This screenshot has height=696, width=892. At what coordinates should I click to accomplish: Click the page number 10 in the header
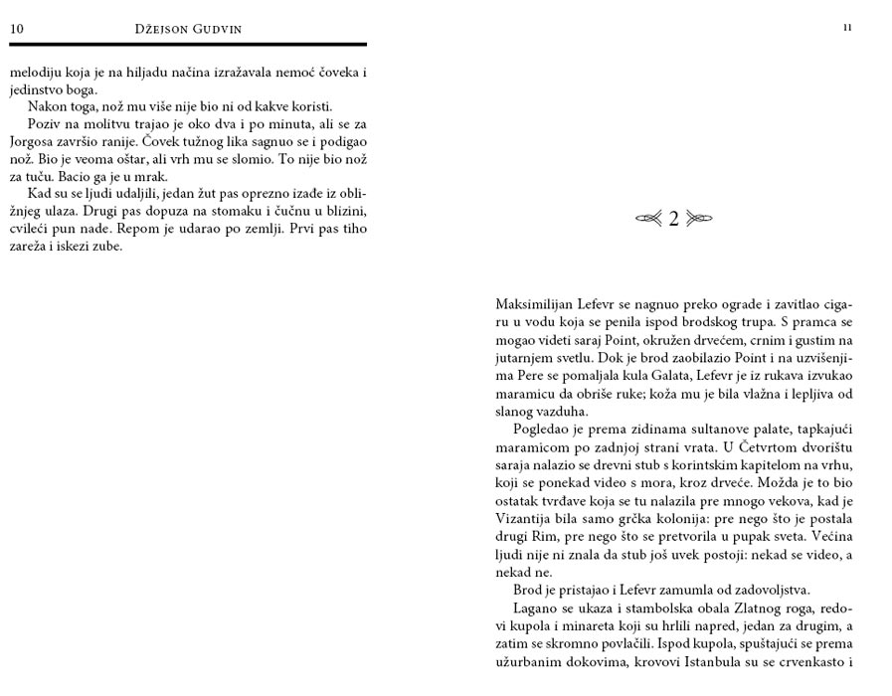(17, 29)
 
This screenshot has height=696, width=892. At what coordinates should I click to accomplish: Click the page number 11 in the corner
(846, 27)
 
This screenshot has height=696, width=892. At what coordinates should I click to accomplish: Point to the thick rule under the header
(188, 44)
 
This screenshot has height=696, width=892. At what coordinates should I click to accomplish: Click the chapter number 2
(673, 219)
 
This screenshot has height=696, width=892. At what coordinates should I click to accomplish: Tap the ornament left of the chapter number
(648, 219)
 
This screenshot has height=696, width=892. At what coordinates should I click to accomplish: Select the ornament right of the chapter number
(699, 219)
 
